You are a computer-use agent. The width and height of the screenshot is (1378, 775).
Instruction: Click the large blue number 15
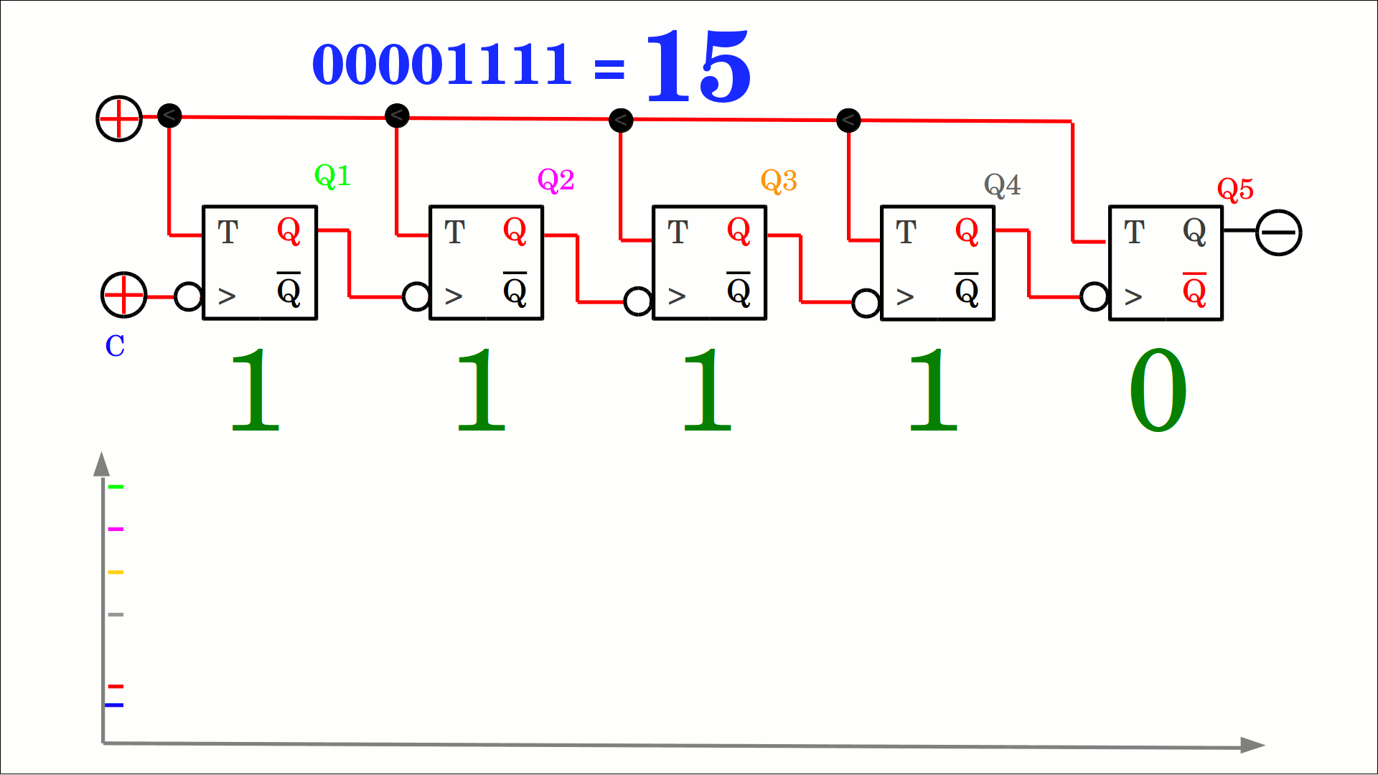(698, 66)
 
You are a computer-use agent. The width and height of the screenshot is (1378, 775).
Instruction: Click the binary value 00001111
(441, 65)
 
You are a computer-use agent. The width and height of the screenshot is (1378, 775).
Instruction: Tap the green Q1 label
(332, 176)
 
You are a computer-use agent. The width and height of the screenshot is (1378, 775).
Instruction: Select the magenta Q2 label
(556, 180)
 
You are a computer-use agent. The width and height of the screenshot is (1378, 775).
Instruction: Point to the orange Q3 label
(779, 181)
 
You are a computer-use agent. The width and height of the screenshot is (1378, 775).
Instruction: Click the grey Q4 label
(1002, 185)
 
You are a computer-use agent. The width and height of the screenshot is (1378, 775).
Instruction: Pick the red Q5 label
(1235, 189)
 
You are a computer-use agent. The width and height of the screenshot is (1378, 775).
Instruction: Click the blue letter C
(115, 346)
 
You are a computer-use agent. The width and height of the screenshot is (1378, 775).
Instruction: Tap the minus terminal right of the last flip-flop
(1278, 232)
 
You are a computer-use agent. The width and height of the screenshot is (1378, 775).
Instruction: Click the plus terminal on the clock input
(123, 295)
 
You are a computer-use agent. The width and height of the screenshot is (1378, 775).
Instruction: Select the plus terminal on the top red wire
(119, 118)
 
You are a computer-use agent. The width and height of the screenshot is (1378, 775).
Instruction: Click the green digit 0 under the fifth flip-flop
(1158, 390)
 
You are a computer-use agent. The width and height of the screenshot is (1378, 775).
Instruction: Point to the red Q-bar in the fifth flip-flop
(1194, 290)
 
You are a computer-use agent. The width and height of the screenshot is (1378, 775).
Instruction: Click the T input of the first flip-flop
(228, 232)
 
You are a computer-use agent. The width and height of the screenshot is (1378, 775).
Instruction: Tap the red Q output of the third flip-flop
(739, 231)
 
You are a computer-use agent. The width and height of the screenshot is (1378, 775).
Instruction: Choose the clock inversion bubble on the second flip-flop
(416, 296)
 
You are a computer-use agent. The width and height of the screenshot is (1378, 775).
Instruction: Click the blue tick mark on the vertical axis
(114, 705)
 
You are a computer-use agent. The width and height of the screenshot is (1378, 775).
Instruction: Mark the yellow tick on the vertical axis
(116, 572)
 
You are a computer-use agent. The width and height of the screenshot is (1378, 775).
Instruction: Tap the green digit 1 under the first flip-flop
(255, 390)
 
